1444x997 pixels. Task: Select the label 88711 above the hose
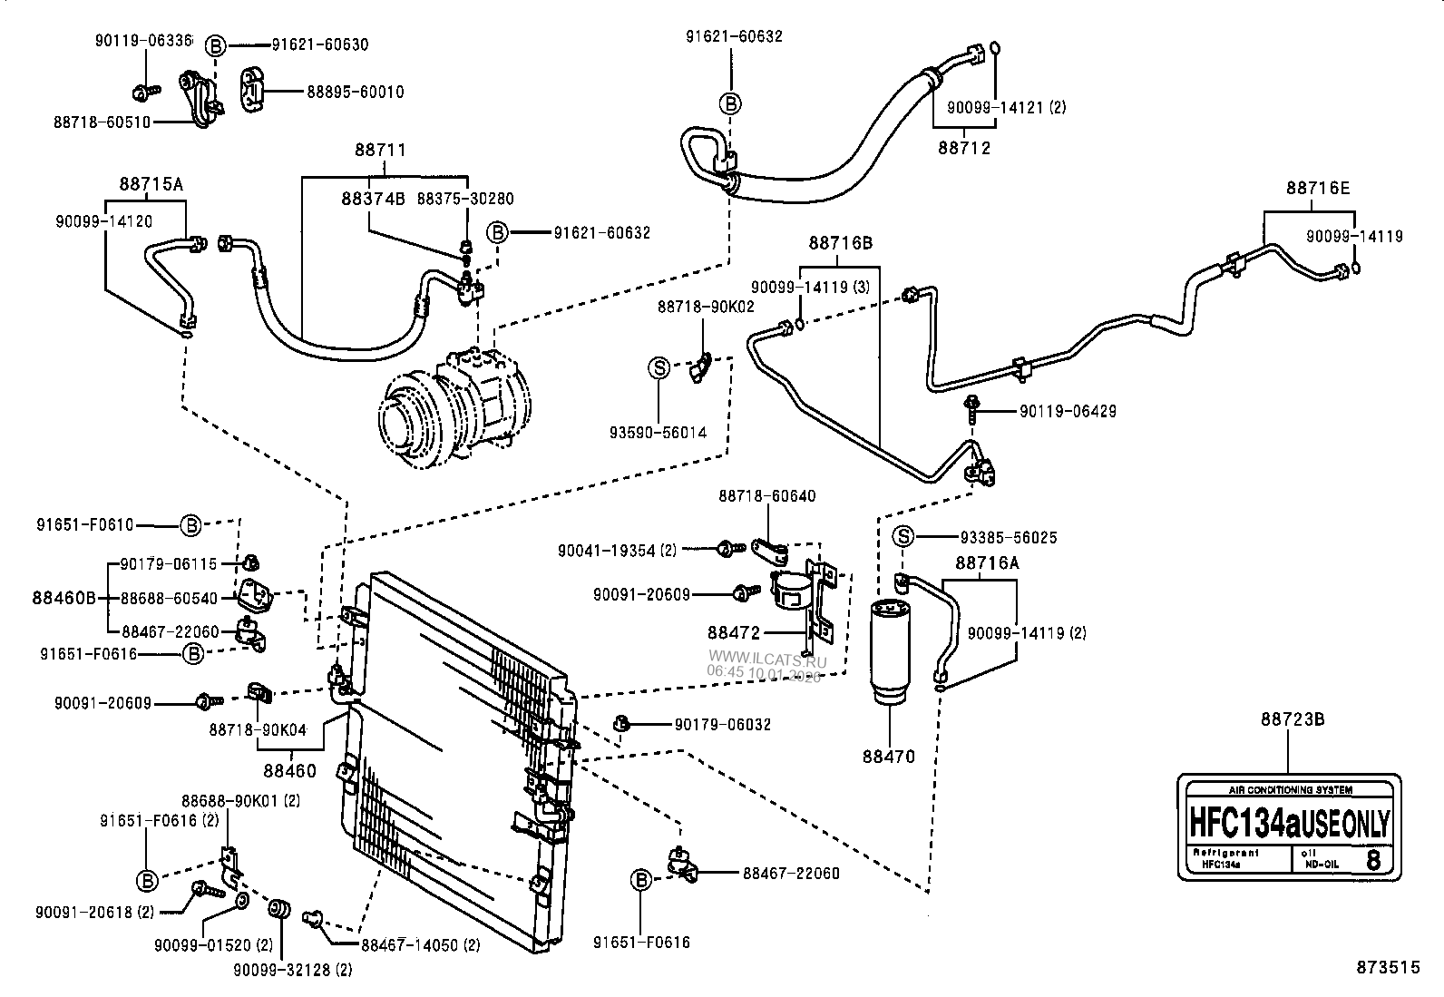coord(380,151)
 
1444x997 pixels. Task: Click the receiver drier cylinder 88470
coord(889,649)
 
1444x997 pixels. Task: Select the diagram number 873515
coord(1388,968)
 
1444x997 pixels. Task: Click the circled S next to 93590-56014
coord(659,368)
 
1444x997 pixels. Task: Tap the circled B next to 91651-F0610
coord(190,524)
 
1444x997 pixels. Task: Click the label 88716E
coord(1317,189)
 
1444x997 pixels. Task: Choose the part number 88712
coord(964,148)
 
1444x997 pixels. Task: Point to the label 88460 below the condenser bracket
coord(290,771)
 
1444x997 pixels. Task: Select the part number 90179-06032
coord(722,724)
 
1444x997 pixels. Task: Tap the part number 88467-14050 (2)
coord(420,945)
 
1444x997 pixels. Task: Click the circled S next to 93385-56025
coord(904,537)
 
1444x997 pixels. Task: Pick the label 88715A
coord(151,184)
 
